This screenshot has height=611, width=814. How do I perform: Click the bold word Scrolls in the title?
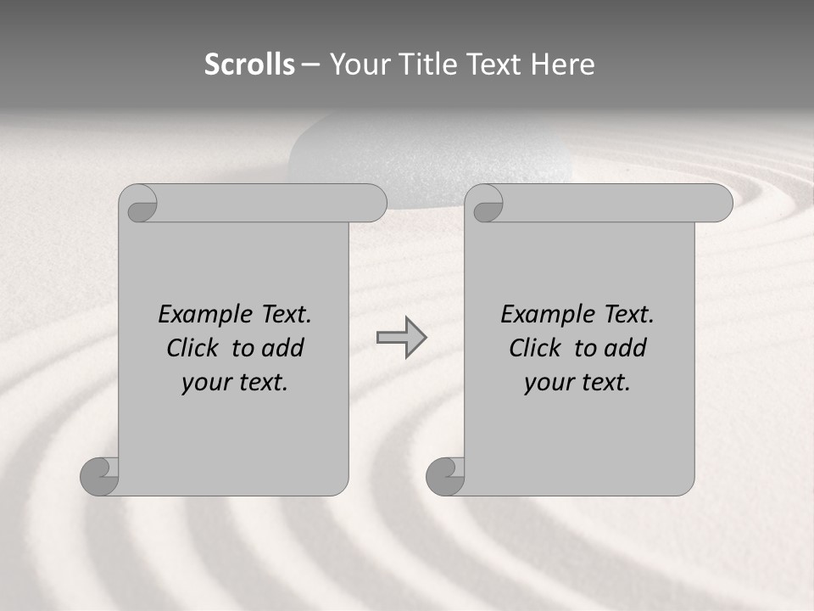[x=250, y=64]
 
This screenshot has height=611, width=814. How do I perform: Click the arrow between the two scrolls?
[x=401, y=338]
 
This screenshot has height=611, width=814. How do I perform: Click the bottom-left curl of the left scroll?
[x=99, y=476]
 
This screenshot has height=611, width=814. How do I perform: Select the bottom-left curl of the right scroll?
[x=445, y=476]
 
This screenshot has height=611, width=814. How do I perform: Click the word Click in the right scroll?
[x=534, y=348]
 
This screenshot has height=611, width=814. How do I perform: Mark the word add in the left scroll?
[x=283, y=348]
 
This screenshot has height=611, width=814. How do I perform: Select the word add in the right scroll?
[x=626, y=348]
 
